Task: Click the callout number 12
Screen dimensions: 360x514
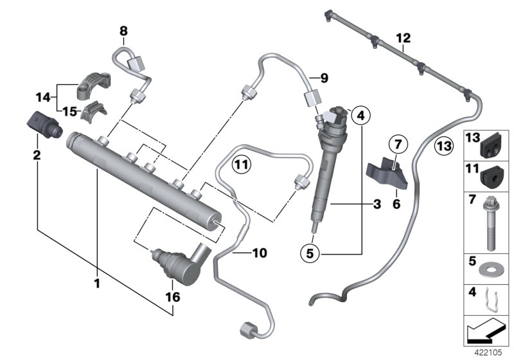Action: (x=403, y=39)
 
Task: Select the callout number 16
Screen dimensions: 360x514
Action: (x=173, y=297)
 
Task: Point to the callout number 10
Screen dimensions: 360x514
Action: (x=259, y=253)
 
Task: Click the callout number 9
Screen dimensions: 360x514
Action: (x=323, y=79)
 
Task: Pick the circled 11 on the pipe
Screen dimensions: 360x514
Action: (x=240, y=164)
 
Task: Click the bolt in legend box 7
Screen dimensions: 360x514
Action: (x=489, y=222)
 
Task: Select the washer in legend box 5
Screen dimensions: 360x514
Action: (x=489, y=265)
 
